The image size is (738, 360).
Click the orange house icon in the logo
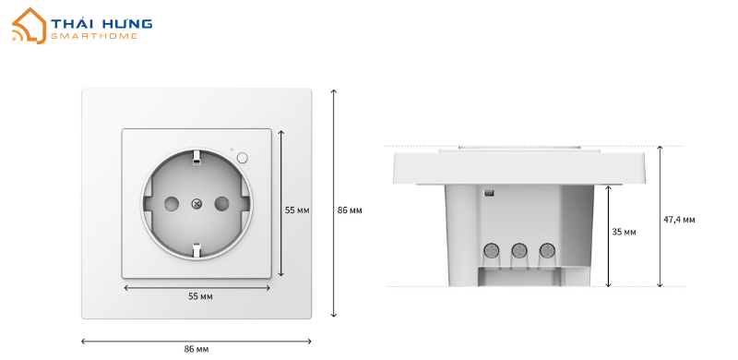30,26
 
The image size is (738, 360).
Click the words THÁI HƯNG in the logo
101,24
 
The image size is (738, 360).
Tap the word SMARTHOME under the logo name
94,36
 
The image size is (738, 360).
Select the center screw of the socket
196,204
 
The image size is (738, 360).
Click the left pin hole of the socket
172,204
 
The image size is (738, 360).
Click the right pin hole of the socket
221,204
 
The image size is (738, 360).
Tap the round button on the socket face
243,157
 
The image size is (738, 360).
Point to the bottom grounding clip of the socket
196,249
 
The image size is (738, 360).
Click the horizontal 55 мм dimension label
200,296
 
